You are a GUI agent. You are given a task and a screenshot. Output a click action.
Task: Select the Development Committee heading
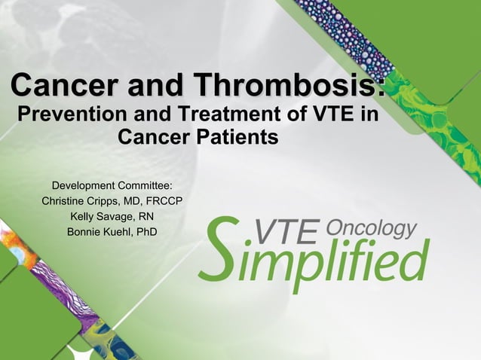[x=112, y=185]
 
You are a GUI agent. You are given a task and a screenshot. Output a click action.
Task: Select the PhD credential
[x=146, y=231]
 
